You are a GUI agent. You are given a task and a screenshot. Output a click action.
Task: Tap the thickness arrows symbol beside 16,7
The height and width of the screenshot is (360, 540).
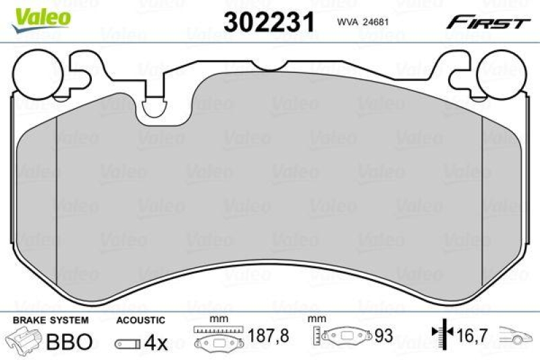(x=441, y=333)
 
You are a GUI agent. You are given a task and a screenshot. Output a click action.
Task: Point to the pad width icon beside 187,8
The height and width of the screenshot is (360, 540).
(x=218, y=338)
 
